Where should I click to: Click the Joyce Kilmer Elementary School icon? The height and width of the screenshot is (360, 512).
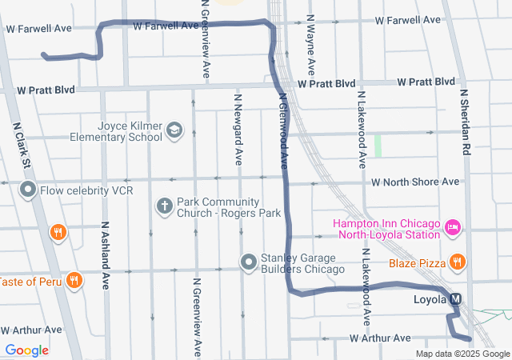(174, 130)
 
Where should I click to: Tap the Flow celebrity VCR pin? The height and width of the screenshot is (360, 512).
(28, 190)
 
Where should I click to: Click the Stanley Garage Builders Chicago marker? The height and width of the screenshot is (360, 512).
(249, 261)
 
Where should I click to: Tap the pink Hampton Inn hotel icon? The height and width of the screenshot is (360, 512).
(452, 227)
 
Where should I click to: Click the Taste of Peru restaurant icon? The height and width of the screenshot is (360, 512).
(74, 280)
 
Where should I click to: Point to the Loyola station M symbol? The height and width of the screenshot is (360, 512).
(456, 299)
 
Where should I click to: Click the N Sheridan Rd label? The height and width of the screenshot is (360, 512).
(463, 123)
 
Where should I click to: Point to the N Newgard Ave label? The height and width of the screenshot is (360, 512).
(238, 129)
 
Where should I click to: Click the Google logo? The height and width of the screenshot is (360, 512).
(26, 350)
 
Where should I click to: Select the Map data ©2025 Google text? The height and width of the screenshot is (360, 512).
(462, 354)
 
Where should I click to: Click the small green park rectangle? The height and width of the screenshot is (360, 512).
(378, 145)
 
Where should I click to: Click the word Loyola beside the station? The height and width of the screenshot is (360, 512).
(430, 300)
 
